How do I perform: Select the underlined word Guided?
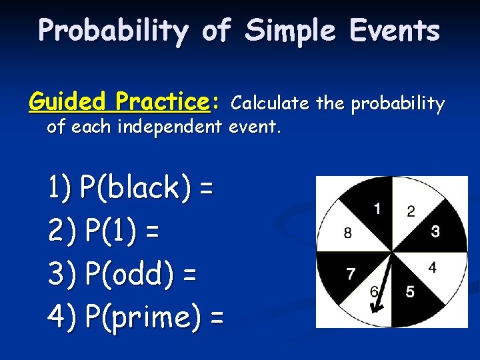point(68,102)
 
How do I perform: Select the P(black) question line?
point(131,189)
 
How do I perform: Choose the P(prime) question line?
point(136,317)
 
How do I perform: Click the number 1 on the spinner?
point(377,209)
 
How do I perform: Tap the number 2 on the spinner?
point(411,211)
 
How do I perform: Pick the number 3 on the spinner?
point(435,231)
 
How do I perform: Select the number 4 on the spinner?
point(432,268)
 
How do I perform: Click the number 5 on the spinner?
point(410,292)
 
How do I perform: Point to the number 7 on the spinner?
point(351,273)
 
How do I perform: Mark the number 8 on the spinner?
point(348,233)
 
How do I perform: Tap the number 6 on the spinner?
point(374,292)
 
